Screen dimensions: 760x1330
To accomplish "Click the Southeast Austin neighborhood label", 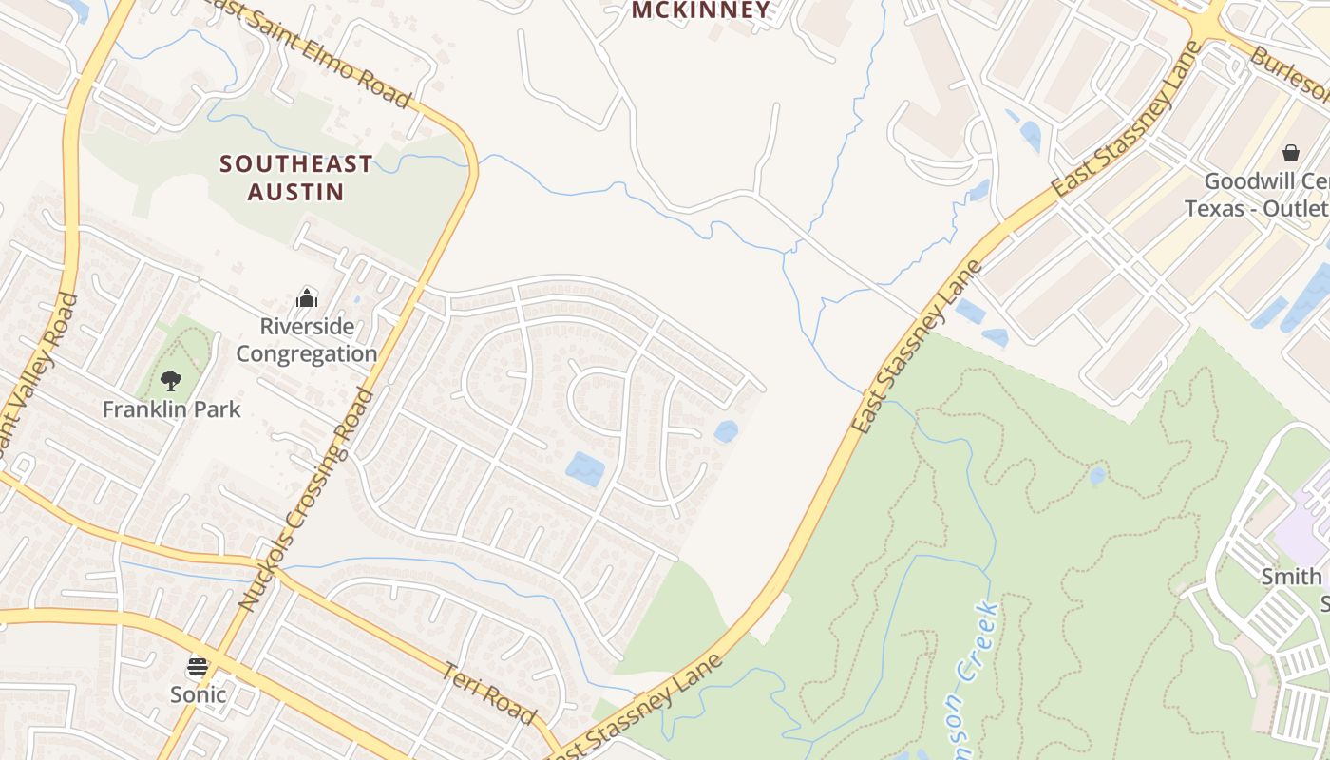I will (x=295, y=178).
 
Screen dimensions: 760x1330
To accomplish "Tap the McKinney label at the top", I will (x=701, y=10).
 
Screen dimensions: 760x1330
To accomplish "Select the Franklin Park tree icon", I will (x=171, y=381).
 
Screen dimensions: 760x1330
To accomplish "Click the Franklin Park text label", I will (x=171, y=409).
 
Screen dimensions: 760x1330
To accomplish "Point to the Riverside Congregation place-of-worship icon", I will (x=306, y=298).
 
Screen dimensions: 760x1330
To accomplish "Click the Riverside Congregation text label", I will (x=306, y=340).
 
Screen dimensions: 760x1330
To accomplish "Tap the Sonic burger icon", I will (x=198, y=666).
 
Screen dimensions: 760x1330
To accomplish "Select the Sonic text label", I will (x=198, y=694).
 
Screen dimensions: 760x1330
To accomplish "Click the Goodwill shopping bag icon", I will (x=1291, y=152).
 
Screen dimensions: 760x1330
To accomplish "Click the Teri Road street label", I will (x=489, y=693).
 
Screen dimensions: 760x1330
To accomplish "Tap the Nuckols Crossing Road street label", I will (x=306, y=499).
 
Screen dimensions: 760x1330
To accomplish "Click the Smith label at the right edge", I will (x=1290, y=577).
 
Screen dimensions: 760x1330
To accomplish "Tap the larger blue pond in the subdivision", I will (x=585, y=468).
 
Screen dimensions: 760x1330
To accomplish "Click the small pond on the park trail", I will (x=1097, y=475).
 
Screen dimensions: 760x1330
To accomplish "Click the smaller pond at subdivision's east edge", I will (x=726, y=431).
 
